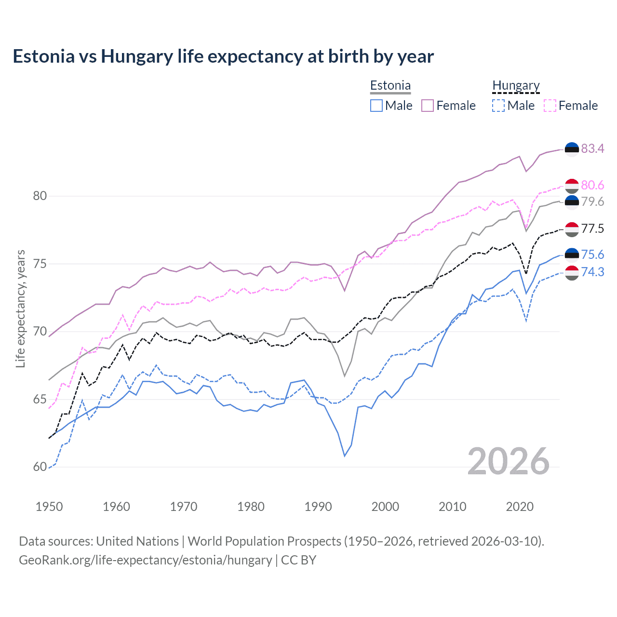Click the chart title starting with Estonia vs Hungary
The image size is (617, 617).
[x=223, y=56]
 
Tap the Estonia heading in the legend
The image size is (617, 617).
[x=390, y=86]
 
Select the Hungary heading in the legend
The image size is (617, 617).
[x=516, y=86]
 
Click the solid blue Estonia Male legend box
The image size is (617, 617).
[x=376, y=106]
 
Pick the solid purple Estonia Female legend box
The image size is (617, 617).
[x=428, y=106]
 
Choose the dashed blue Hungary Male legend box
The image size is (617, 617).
[x=498, y=106]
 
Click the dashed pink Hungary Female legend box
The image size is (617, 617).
[x=550, y=106]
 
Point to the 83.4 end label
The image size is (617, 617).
[x=592, y=148]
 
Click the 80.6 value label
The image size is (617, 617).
[x=592, y=185]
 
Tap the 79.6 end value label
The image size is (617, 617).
[x=592, y=201]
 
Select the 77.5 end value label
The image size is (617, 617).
[x=592, y=228]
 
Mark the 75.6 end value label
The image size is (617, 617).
[x=592, y=255]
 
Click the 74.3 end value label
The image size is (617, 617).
[x=592, y=272]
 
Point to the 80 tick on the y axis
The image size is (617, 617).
[x=40, y=196]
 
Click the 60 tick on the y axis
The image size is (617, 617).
[x=40, y=467]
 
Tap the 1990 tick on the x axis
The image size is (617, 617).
[x=318, y=507]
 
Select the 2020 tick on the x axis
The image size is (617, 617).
[x=520, y=507]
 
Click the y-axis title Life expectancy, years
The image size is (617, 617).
[x=21, y=308]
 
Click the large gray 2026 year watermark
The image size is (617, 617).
[x=509, y=461]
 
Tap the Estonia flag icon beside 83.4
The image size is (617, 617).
[x=572, y=149]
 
